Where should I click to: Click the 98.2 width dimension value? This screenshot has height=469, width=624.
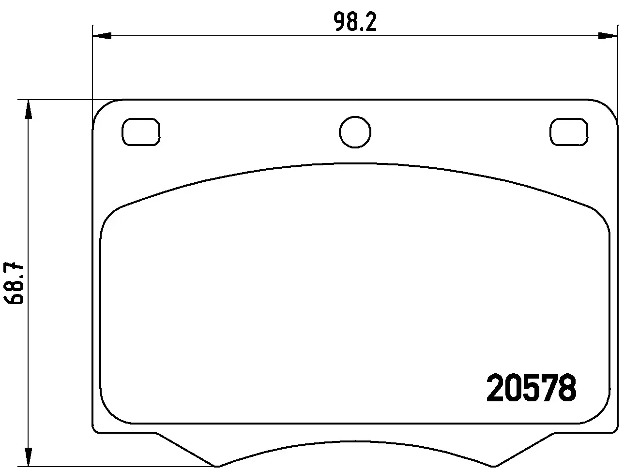(355, 22)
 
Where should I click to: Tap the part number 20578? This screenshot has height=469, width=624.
(531, 389)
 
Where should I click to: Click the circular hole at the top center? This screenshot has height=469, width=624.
(355, 132)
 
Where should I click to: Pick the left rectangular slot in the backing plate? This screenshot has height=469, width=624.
(141, 132)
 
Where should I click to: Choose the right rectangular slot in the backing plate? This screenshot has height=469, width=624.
(569, 132)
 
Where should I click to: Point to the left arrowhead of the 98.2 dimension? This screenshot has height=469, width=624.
(102, 35)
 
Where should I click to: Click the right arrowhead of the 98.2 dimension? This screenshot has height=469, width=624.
(608, 35)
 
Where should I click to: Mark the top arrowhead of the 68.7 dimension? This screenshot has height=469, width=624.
(29, 110)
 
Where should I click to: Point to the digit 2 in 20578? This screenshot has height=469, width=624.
(495, 389)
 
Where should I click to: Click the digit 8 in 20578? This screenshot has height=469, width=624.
(567, 389)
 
